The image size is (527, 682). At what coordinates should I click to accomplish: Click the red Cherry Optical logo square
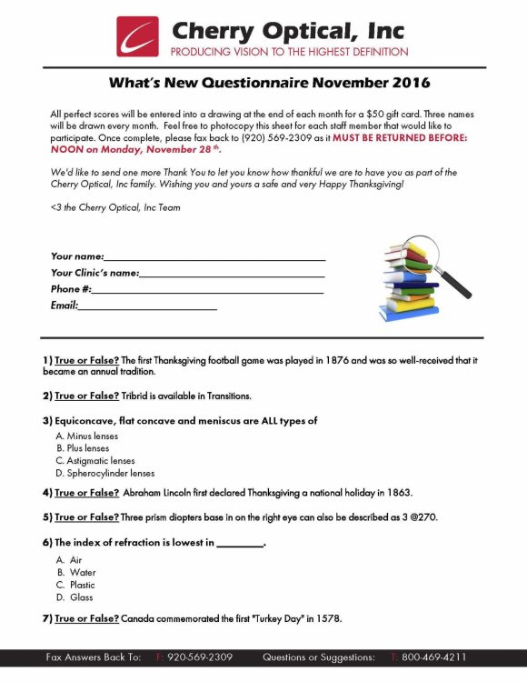pyautogui.click(x=136, y=36)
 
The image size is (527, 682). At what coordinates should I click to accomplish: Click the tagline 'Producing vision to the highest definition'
pyautogui.click(x=289, y=52)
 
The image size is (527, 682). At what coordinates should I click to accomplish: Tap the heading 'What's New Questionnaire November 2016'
pyautogui.click(x=269, y=84)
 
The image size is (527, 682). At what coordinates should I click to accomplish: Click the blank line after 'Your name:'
pyautogui.click(x=214, y=256)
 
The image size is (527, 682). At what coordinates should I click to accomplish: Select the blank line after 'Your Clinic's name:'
pyautogui.click(x=232, y=273)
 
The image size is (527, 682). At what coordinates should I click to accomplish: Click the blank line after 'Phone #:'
pyautogui.click(x=208, y=289)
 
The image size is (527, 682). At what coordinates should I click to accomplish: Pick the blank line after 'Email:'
pyautogui.click(x=148, y=306)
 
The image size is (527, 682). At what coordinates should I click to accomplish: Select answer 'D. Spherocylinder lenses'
pyautogui.click(x=105, y=473)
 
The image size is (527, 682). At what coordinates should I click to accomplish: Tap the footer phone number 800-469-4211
pyautogui.click(x=433, y=657)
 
